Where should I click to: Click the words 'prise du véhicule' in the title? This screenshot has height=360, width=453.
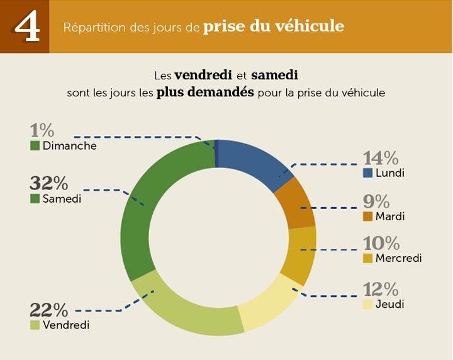coord(274,27)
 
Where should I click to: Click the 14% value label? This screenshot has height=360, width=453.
coord(381,159)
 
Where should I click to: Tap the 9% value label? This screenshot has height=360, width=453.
coord(376,202)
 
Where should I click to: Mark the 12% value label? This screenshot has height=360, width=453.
coord(381,290)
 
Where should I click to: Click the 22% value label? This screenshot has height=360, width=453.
coord(49,310)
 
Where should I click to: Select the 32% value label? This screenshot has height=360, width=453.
coord(49,183)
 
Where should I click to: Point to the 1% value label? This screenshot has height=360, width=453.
coord(43,131)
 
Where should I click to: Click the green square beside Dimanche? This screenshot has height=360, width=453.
coord(35,146)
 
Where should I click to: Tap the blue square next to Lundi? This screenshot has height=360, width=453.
coord(369,173)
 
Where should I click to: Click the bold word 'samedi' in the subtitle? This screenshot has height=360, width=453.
coord(274,75)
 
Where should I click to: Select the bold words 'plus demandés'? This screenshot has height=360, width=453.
coord(205,92)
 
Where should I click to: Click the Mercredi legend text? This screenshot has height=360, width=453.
coord(398,258)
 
